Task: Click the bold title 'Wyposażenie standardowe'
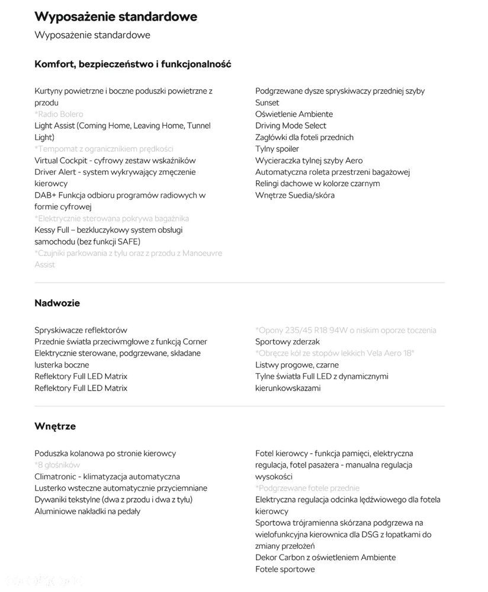[x=116, y=17]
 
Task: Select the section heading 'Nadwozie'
[x=57, y=303]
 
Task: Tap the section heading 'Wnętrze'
[x=55, y=426]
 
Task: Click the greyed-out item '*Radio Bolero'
[x=59, y=114]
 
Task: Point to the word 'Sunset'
[x=267, y=103]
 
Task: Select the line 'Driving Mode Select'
[x=291, y=126]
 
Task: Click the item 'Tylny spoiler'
[x=277, y=149]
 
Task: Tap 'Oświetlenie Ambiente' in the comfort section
[x=294, y=114]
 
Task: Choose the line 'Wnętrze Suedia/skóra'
[x=295, y=195]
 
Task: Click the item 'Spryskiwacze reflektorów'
[x=81, y=330]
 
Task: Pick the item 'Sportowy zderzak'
[x=287, y=341]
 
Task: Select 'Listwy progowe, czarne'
[x=297, y=364]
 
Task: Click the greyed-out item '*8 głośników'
[x=57, y=465]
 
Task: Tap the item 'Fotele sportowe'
[x=285, y=569]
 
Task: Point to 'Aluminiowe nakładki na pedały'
[x=87, y=511]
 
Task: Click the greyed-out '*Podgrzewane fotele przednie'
[x=307, y=488]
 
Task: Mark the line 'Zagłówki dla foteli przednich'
[x=304, y=137]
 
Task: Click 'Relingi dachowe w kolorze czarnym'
[x=317, y=184]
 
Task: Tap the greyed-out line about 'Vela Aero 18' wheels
[x=335, y=353]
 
